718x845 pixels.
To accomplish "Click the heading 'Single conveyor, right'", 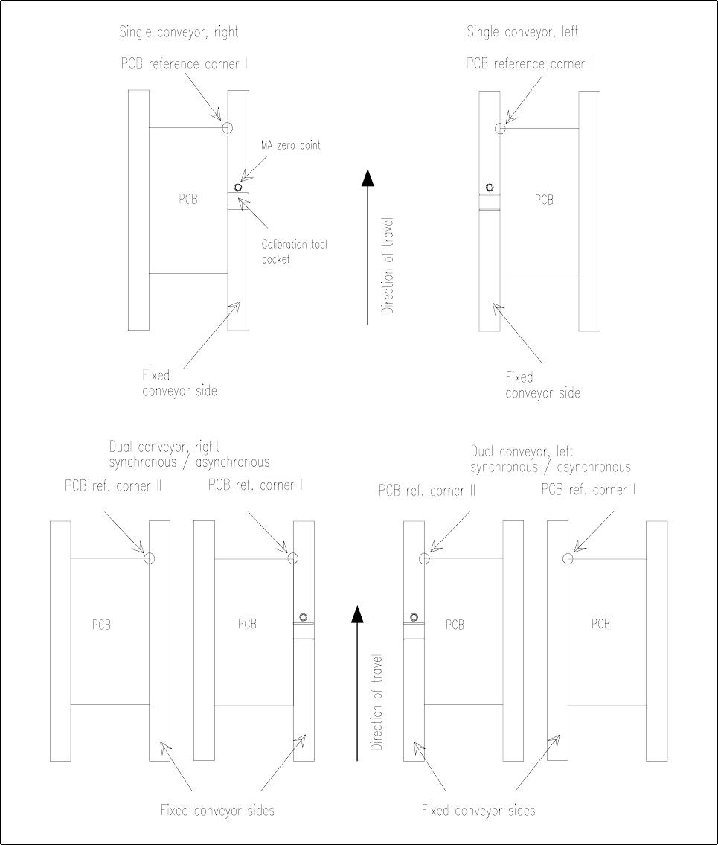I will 179,32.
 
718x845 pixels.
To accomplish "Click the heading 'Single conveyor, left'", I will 522,32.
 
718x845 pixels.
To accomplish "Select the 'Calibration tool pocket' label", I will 293,251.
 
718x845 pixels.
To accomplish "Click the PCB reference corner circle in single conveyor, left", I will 500,128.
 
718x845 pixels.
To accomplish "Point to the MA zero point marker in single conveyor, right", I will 238,188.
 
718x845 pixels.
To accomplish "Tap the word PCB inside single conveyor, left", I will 544,200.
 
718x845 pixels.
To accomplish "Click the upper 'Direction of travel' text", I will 387,267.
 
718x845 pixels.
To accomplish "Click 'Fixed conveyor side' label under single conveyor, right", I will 179,383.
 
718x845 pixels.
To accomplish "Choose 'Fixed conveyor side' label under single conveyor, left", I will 542,385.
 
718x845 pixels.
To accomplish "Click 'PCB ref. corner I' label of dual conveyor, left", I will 589,490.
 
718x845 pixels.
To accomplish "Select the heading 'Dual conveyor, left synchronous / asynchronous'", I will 551,459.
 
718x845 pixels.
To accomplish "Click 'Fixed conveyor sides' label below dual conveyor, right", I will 217,810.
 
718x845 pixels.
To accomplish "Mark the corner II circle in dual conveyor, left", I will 425,558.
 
